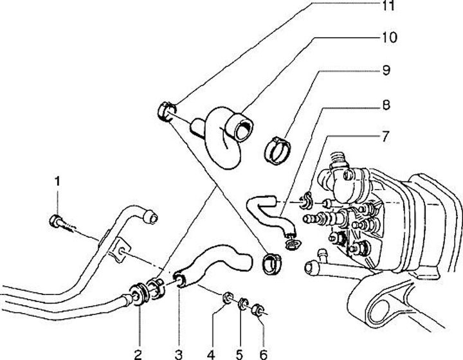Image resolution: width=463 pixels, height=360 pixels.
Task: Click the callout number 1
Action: [57, 182]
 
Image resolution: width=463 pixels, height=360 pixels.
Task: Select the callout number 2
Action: [138, 353]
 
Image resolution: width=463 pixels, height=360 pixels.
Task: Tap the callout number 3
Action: [179, 353]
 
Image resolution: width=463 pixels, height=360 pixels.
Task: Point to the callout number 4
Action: [210, 353]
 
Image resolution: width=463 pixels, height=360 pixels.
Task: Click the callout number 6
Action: [262, 353]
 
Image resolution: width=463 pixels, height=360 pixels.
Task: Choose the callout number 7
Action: [385, 136]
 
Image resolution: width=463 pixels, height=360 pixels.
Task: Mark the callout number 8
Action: [385, 103]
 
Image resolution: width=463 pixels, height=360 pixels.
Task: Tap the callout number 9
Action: [385, 70]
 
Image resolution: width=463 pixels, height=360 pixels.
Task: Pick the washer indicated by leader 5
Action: [244, 304]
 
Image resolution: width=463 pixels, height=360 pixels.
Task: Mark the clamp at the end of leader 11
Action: [166, 113]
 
